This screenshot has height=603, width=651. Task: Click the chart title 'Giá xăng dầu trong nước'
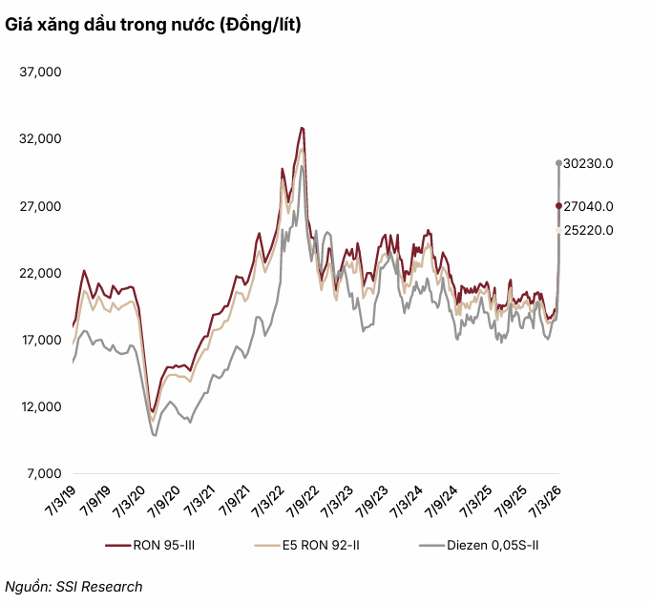(x=154, y=27)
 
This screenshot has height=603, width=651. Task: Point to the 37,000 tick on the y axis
(x=41, y=72)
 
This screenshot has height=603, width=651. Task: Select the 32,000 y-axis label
(x=41, y=138)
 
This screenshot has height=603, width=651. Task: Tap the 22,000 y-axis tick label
(x=41, y=273)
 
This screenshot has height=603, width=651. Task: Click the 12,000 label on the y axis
(x=41, y=406)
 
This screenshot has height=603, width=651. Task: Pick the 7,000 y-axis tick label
(x=44, y=473)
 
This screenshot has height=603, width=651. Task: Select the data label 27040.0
(x=588, y=206)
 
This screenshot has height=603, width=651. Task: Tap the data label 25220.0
(x=588, y=230)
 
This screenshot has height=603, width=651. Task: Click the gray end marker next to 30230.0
(x=558, y=163)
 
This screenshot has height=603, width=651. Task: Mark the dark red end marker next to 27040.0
(x=558, y=206)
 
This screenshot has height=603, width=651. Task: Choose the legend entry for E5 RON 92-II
(x=309, y=546)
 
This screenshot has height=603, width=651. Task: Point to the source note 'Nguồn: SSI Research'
(x=74, y=587)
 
